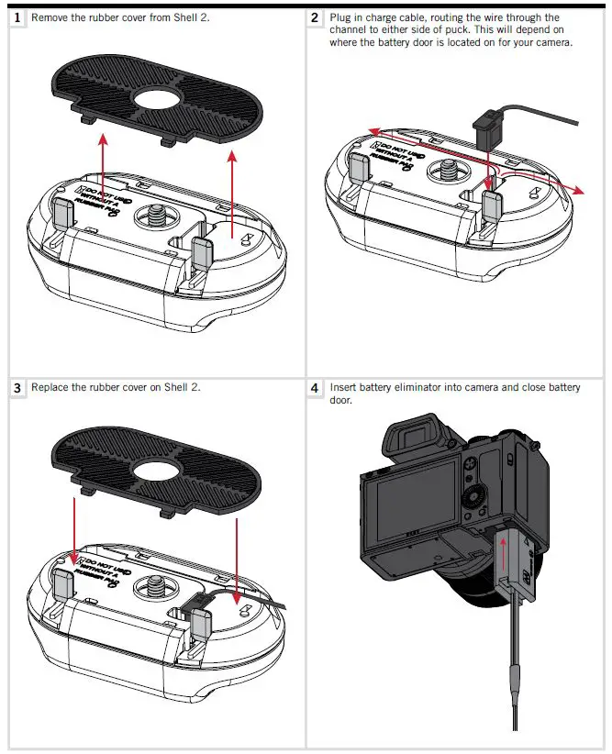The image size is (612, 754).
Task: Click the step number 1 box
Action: pos(17,17)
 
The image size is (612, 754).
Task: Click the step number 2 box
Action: pos(316,17)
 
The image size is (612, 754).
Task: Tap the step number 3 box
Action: pos(17,387)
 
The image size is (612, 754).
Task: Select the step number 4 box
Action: pos(316,389)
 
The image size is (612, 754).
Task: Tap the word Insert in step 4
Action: pos(343,388)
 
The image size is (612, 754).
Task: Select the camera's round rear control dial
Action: pos(480,501)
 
